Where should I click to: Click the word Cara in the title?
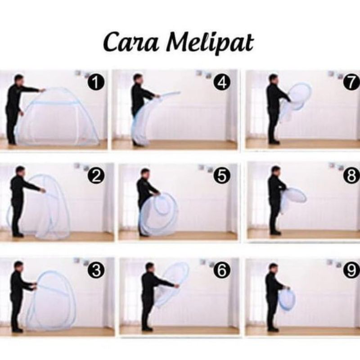point(131,42)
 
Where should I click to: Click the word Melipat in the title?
point(210,43)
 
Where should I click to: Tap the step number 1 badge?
point(96,82)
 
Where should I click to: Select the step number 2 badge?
point(96,176)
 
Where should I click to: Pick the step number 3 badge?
point(96,270)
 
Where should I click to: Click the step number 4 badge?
point(222,82)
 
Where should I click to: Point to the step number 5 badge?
point(222,176)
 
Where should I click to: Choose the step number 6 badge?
point(222,270)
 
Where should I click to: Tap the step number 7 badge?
point(351,82)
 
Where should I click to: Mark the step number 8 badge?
point(351,176)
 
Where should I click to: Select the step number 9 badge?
point(351,270)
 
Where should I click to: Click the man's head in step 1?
point(19,80)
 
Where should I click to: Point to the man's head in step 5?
point(145,174)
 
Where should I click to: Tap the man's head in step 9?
point(273,269)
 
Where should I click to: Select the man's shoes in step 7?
point(274,142)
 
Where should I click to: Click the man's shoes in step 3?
point(18,330)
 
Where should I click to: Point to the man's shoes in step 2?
point(18,234)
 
